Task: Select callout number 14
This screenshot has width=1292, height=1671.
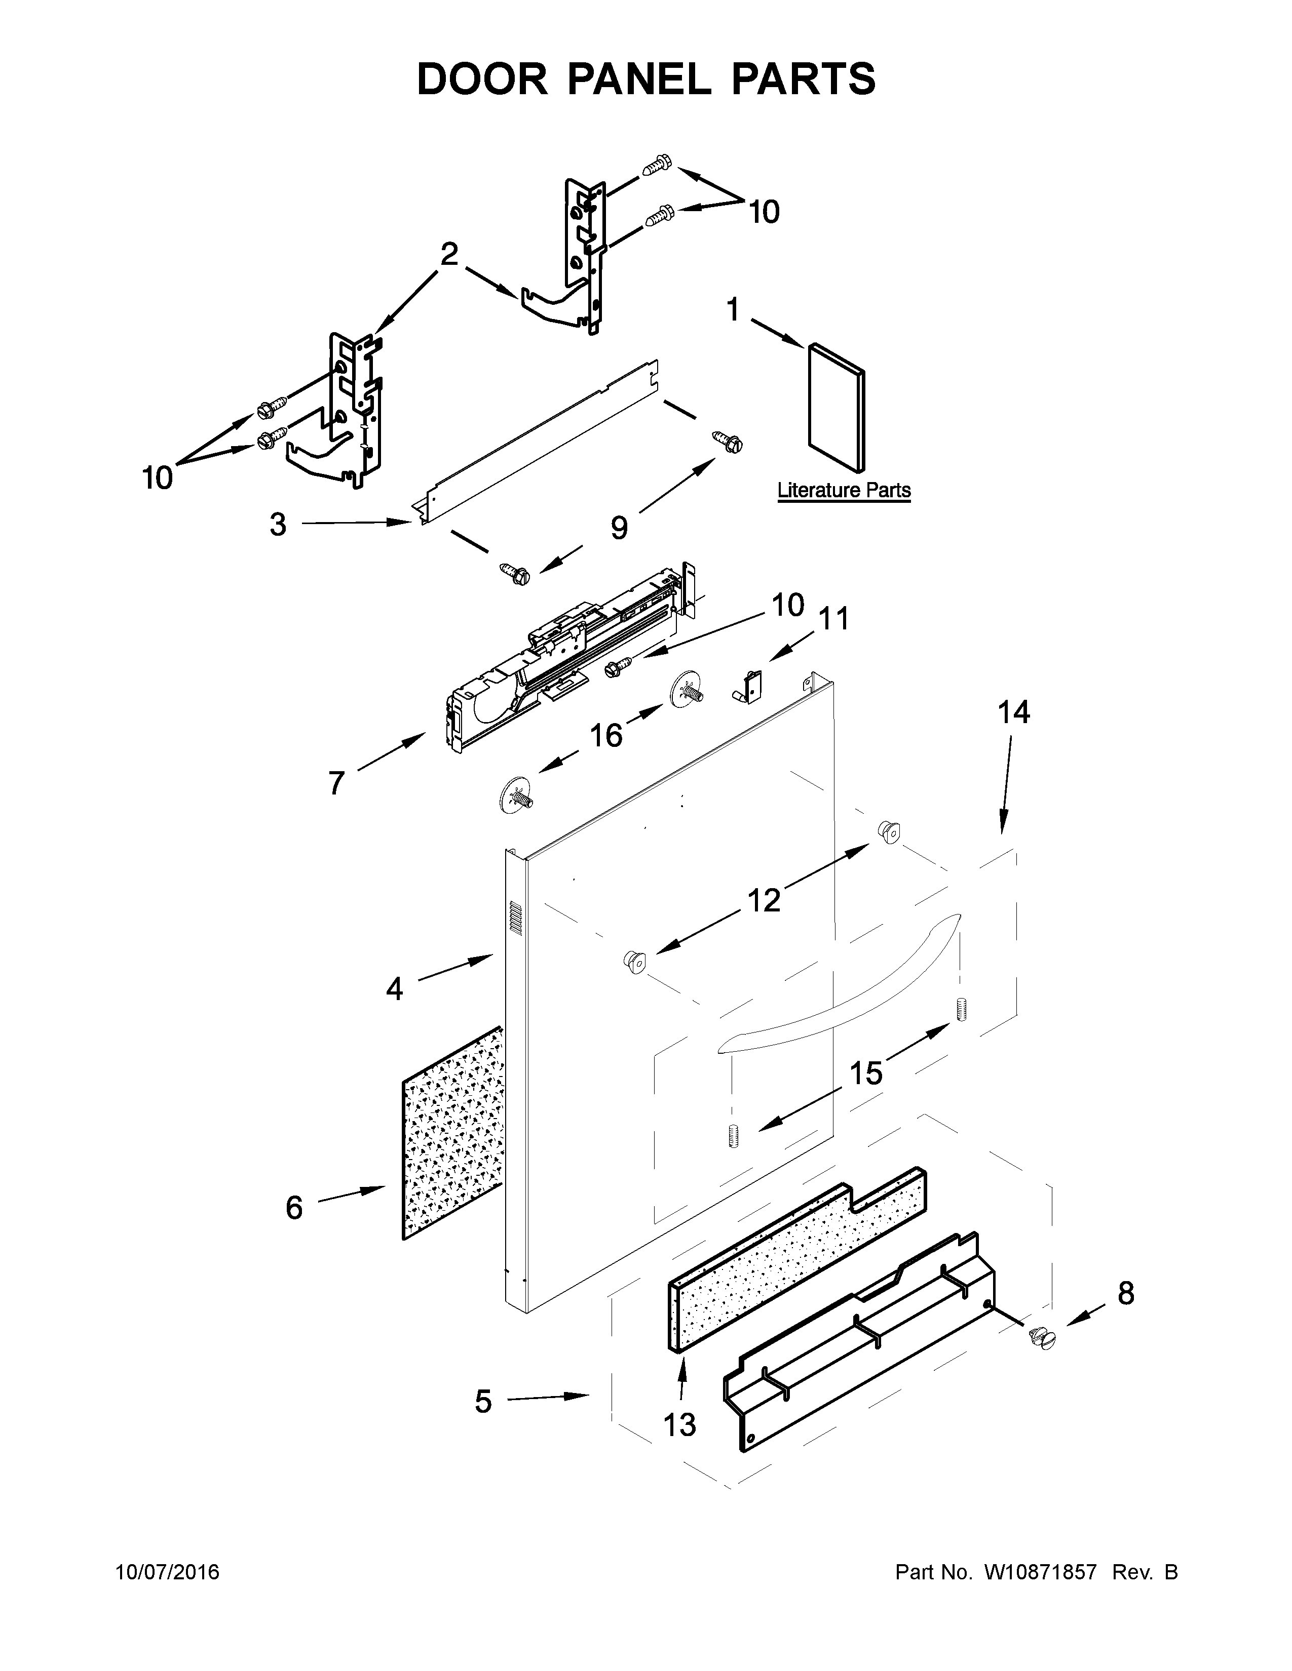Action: (1013, 712)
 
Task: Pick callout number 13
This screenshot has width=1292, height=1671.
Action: (679, 1424)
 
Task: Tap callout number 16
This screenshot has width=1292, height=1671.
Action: (605, 735)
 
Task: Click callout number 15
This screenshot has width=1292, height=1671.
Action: (866, 1072)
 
